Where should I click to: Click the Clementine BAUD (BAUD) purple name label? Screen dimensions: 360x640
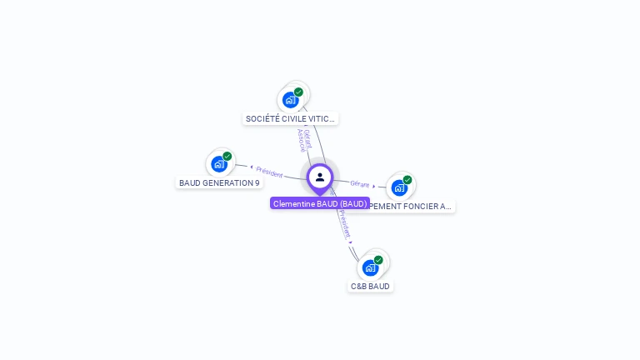320,203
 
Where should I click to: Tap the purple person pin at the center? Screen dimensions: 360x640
320,177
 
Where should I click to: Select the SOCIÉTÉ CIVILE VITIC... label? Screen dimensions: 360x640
290,118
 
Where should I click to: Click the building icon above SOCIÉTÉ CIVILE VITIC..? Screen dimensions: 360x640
290,100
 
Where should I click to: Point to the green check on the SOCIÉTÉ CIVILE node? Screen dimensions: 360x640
298,92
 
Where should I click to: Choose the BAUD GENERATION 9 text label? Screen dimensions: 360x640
219,182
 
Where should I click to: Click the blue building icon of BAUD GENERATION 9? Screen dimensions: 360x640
218,164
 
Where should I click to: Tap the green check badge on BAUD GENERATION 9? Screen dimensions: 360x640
227,157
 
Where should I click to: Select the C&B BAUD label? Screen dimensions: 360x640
370,286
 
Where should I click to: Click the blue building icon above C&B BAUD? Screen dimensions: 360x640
370,267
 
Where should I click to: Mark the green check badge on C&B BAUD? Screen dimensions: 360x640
378,260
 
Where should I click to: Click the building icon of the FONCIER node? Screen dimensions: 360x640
399,187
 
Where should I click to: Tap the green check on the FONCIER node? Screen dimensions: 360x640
407,180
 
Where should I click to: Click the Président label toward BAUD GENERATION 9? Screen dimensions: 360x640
269,172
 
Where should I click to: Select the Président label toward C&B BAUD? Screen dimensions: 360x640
345,224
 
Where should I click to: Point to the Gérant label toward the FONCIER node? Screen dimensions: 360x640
360,183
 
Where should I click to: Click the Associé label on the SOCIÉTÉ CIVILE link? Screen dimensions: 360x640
301,140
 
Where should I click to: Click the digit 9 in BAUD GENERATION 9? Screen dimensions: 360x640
257,182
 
